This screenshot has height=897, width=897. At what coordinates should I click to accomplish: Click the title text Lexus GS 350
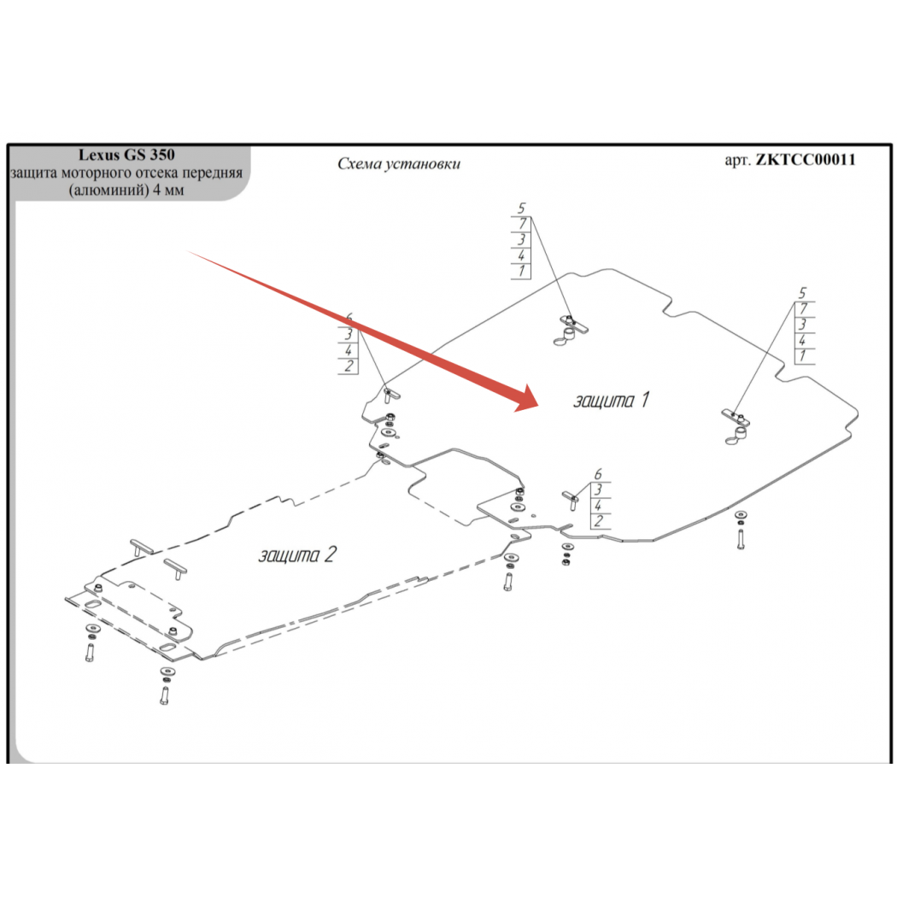126,155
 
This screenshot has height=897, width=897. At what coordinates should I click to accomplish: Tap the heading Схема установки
399,164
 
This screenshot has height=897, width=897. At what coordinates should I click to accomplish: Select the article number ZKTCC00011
806,160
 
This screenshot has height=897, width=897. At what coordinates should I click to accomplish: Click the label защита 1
612,400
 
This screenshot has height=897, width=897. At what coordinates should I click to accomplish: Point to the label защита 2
297,554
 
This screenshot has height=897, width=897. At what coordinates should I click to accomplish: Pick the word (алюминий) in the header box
108,191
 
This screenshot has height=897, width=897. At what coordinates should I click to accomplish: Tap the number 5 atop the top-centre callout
521,208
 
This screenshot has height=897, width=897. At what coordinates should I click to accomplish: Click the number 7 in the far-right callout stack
804,309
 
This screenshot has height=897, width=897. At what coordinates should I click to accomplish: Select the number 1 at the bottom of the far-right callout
803,356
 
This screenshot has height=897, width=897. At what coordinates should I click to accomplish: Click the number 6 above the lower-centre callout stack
598,474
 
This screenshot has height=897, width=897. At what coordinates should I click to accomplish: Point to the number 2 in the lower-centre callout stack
598,521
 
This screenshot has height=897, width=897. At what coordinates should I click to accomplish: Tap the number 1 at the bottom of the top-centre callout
521,271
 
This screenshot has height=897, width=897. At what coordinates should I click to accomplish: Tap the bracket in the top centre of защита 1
570,330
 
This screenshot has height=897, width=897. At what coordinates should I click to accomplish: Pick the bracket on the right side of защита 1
736,426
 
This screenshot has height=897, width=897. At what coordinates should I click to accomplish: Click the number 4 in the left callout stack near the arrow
349,350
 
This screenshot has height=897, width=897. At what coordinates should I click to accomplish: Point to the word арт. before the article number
737,161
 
